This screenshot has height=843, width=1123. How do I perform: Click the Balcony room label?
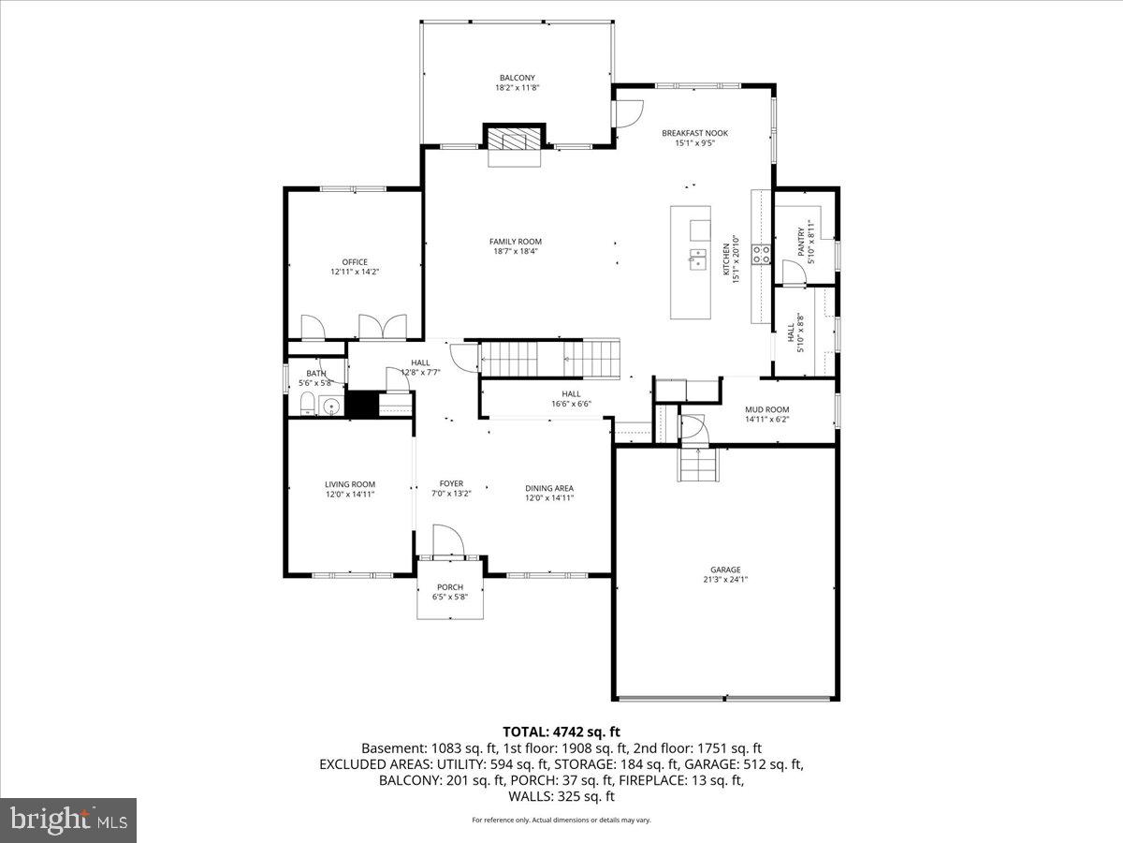(x=518, y=78)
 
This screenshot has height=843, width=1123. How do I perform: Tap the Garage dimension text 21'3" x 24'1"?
(x=725, y=580)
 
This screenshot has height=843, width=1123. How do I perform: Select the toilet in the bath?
(x=306, y=405)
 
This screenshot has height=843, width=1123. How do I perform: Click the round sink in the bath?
(x=328, y=406)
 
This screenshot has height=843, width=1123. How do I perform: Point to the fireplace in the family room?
(x=514, y=140)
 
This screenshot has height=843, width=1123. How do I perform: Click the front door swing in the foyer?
(x=446, y=540)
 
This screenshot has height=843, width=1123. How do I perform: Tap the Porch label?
(x=450, y=587)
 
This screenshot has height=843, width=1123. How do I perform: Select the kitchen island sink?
(x=698, y=259)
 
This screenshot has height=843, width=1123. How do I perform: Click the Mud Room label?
(x=766, y=409)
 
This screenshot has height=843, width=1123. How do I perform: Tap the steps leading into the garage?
(x=697, y=465)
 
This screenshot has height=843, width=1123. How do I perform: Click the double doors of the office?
(x=383, y=326)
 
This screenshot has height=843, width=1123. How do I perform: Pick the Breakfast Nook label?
(x=694, y=133)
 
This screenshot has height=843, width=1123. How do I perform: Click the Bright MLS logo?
(x=68, y=821)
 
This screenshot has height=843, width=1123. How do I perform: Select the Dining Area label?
(x=549, y=488)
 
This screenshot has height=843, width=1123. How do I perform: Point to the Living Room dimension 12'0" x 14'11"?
(x=350, y=495)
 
